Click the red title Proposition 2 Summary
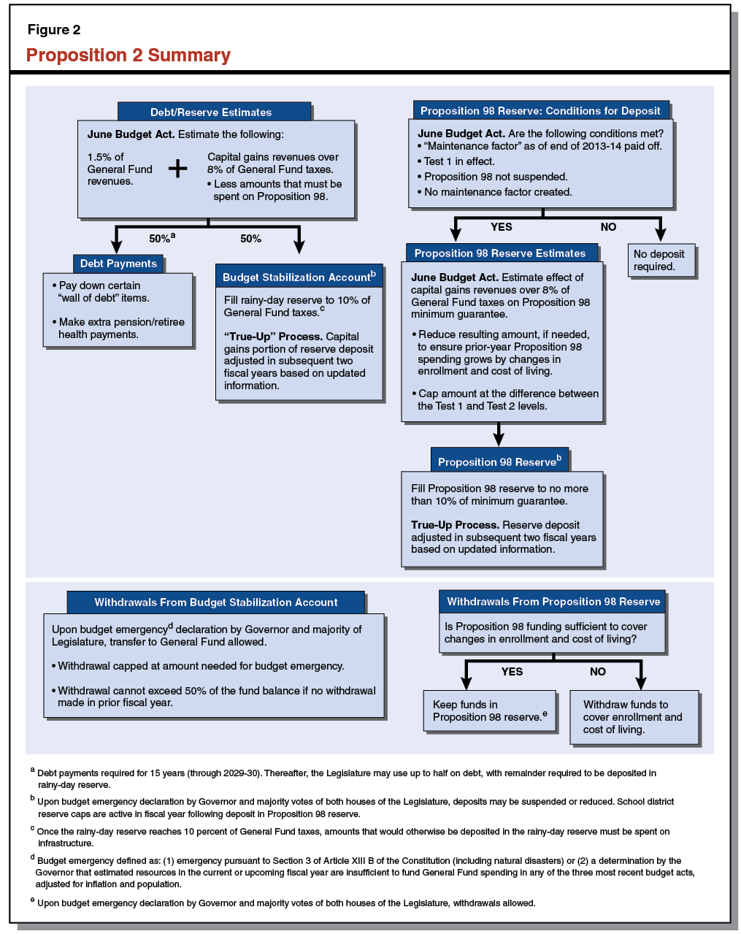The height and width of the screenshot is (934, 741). click(x=128, y=55)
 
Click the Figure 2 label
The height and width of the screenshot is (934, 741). click(x=54, y=30)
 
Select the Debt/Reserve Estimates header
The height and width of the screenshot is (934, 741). click(x=211, y=112)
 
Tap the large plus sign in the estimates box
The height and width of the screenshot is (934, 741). click(x=177, y=169)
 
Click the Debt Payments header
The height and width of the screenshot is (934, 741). click(x=118, y=264)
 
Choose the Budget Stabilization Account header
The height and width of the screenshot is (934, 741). click(x=299, y=277)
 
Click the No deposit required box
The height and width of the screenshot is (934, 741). click(x=660, y=261)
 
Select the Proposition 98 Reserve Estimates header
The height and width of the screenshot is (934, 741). click(x=500, y=253)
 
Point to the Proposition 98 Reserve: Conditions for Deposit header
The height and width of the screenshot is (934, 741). click(x=540, y=111)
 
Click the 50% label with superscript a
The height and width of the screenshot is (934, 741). click(x=161, y=239)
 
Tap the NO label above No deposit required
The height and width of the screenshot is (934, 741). click(x=608, y=227)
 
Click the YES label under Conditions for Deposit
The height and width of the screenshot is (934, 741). click(x=502, y=227)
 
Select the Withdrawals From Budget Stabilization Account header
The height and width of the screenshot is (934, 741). click(x=216, y=602)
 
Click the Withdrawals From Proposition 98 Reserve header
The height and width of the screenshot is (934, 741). click(x=553, y=602)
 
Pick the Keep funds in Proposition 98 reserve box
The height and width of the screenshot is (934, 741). click(x=489, y=711)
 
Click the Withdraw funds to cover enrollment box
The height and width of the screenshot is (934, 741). click(x=634, y=717)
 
